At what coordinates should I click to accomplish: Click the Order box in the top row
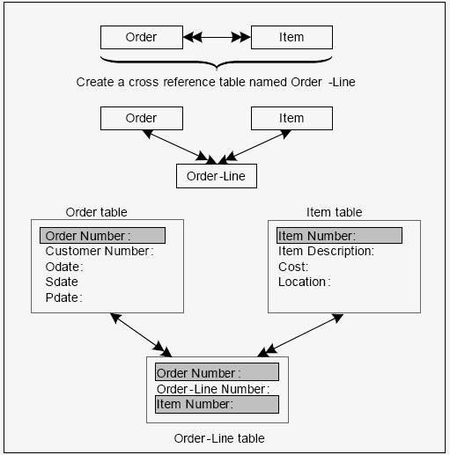pyautogui.click(x=142, y=37)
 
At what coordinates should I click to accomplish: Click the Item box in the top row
pyautogui.click(x=291, y=37)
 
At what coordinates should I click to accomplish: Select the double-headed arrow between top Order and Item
pyautogui.click(x=217, y=37)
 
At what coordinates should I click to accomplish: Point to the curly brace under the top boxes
pyautogui.click(x=217, y=62)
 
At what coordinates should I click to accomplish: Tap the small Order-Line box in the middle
pyautogui.click(x=217, y=176)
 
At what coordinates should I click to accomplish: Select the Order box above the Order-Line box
pyautogui.click(x=142, y=118)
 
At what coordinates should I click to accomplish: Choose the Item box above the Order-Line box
pyautogui.click(x=291, y=118)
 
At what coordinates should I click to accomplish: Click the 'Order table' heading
pyautogui.click(x=97, y=212)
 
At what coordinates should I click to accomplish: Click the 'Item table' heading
pyautogui.click(x=335, y=212)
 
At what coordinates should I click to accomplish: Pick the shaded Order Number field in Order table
pyautogui.click(x=102, y=235)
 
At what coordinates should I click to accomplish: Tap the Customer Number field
pyautogui.click(x=100, y=251)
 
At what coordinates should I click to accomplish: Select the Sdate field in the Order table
pyautogui.click(x=62, y=282)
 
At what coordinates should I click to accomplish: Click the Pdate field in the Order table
pyautogui.click(x=63, y=297)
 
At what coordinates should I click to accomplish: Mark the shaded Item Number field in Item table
pyautogui.click(x=339, y=235)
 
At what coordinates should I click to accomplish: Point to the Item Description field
pyautogui.click(x=326, y=252)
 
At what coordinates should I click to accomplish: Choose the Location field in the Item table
pyautogui.click(x=305, y=282)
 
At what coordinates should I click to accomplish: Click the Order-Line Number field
pyautogui.click(x=213, y=389)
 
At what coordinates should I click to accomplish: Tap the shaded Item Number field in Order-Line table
pyautogui.click(x=217, y=404)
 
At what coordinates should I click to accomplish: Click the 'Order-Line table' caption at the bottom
pyautogui.click(x=219, y=438)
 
